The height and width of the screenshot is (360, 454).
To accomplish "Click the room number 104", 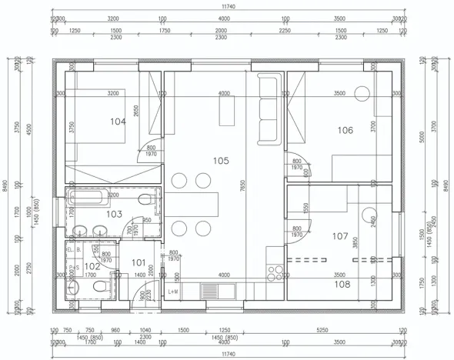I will (117, 122).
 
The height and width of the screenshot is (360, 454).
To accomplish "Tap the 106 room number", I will (345, 130).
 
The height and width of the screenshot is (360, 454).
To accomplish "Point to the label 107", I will (339, 236).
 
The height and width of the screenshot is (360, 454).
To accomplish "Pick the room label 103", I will (114, 214).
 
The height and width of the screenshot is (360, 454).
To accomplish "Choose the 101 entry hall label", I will (139, 262).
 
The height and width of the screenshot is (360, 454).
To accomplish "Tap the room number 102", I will (92, 266).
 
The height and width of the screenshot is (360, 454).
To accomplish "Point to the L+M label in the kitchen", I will (174, 292).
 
